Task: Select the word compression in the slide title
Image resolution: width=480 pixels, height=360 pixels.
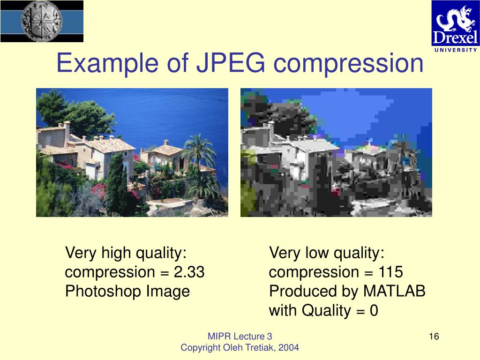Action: (349, 64)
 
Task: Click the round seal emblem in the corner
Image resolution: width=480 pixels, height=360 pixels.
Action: (42, 21)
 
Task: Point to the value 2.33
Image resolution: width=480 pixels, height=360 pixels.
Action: (189, 272)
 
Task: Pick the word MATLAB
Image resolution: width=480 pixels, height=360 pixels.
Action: (394, 292)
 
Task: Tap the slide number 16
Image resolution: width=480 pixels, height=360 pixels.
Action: (433, 336)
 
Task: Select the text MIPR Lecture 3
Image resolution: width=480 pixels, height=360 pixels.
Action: (240, 336)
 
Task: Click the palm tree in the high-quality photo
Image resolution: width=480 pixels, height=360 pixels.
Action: (199, 150)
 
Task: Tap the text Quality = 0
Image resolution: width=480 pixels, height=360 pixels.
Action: (340, 311)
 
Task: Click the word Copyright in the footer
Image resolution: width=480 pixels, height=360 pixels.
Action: (200, 347)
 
